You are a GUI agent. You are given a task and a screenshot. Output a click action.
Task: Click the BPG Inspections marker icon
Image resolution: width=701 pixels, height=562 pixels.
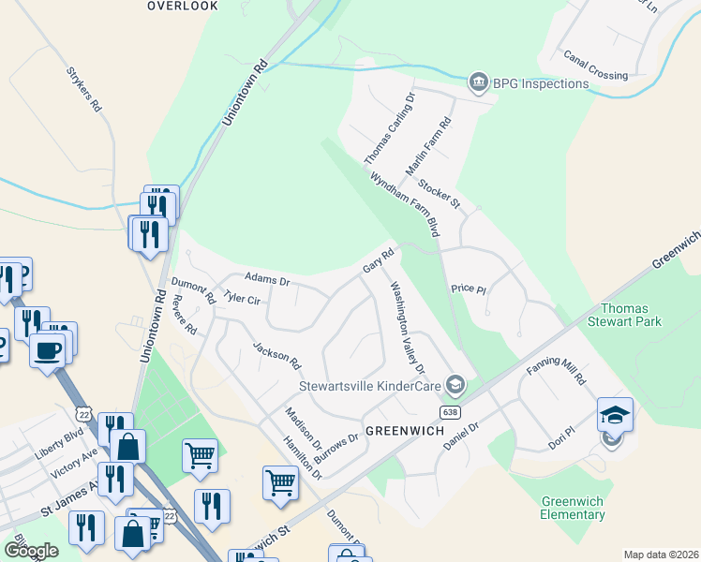tap(479, 83)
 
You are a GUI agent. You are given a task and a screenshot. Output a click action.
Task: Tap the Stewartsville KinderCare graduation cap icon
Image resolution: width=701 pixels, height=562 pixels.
tap(455, 384)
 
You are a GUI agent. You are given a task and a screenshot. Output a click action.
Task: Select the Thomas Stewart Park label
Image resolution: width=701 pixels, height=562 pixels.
tap(631, 315)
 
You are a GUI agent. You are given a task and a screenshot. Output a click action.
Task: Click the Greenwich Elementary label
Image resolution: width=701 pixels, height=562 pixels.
tap(573, 508)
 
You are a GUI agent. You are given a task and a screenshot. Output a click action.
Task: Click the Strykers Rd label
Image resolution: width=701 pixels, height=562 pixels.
tap(83, 89)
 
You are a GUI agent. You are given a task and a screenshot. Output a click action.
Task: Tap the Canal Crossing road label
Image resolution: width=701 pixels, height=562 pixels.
tap(596, 64)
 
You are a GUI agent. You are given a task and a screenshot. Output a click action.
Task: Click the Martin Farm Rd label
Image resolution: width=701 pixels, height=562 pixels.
tap(429, 146)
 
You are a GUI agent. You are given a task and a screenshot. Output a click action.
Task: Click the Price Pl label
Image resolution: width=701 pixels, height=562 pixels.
tap(469, 288)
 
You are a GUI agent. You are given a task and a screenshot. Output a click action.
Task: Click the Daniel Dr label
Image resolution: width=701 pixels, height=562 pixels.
tap(461, 433)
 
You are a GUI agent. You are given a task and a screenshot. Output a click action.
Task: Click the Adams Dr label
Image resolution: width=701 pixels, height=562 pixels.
tap(267, 279)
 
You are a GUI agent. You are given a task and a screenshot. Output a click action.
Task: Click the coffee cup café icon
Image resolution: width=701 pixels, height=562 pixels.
tap(47, 351)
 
